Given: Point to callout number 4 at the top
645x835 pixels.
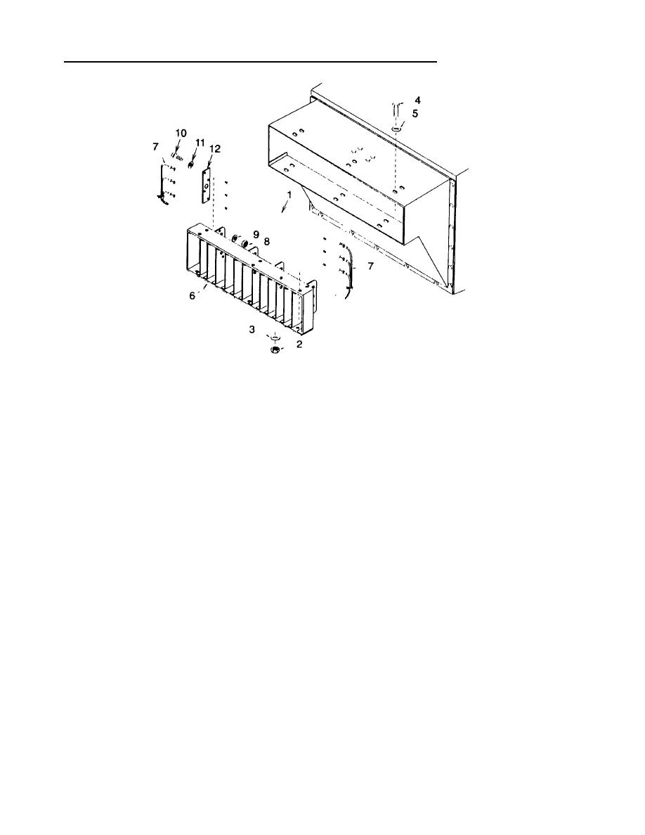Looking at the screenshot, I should [417, 101].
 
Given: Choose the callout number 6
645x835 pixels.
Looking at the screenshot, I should [193, 297].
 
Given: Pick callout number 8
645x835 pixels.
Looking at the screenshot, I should [267, 241].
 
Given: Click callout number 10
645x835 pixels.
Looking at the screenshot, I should [181, 133].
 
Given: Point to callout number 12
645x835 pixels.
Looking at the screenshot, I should [215, 149].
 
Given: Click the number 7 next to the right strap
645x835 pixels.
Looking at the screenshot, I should [370, 266].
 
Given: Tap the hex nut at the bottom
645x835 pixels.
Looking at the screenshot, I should [276, 349].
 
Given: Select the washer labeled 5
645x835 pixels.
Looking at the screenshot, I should [397, 129].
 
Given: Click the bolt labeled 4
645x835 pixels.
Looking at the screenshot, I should [396, 109].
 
